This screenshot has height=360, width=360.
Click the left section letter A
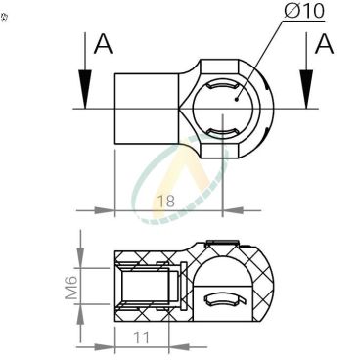(102, 45)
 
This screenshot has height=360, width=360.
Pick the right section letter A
(324, 45)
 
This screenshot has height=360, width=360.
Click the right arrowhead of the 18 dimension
(231, 208)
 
